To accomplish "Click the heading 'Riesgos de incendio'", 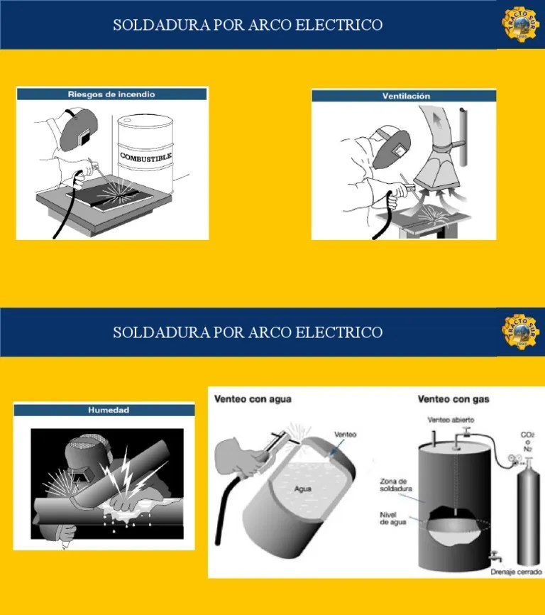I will point(111,94).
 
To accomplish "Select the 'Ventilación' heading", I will point(406,96).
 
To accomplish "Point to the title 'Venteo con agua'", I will point(253,399).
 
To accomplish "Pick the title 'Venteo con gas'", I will point(453,399).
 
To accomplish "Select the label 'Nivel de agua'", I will point(392,518).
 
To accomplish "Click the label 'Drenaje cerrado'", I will point(515,570).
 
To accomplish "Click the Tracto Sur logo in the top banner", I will point(522,25).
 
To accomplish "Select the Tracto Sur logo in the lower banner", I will point(522,332).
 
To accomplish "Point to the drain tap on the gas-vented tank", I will point(493,557).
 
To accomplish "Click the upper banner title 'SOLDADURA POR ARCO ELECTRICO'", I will point(248,25).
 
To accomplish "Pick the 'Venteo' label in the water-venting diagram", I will point(345,434).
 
